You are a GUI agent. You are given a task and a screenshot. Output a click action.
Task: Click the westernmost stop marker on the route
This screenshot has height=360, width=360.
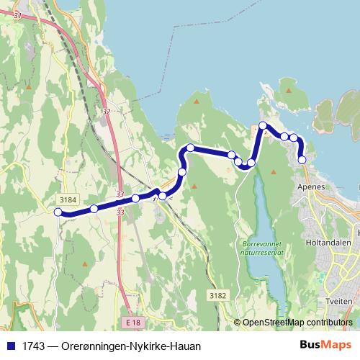(x=58, y=212)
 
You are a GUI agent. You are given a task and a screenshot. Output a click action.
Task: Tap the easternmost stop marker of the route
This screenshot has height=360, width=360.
(x=302, y=160)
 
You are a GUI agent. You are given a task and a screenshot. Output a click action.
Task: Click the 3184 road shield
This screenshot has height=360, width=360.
(x=66, y=199)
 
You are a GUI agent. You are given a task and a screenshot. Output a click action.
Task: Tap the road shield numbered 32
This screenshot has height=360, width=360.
(x=107, y=112)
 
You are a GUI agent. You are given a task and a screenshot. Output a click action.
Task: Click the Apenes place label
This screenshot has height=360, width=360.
(x=311, y=186)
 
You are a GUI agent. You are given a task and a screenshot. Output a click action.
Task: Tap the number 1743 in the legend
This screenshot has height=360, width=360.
(x=32, y=346)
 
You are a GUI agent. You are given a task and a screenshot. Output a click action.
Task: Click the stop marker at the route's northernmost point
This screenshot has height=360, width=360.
(x=264, y=126)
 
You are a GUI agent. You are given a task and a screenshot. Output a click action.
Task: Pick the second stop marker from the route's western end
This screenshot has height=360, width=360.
(x=94, y=209)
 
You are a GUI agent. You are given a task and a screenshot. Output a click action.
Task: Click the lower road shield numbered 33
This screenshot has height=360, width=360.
(x=120, y=212)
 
